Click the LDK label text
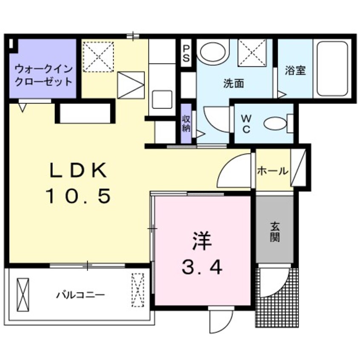point(77,171)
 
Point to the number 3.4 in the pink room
point(202,268)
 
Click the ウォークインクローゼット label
point(43,74)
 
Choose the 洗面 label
point(234,83)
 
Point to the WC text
point(246,123)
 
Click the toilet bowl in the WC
point(276,124)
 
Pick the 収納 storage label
point(186,123)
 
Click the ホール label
point(272,171)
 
